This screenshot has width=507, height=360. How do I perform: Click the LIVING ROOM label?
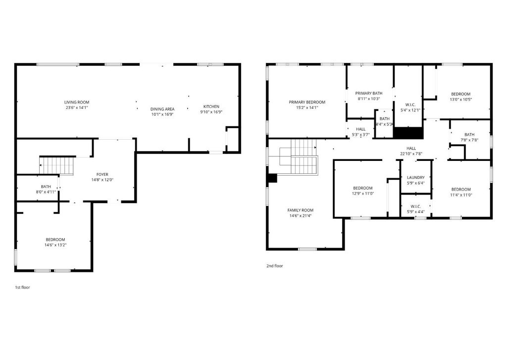click(77, 102)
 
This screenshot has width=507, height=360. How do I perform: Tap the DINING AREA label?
click(162, 109)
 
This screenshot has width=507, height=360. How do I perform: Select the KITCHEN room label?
click(211, 106)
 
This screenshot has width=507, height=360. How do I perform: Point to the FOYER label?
click(102, 174)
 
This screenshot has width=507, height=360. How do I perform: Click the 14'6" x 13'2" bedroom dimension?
click(55, 245)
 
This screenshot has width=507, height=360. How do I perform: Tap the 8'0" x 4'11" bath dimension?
click(46, 192)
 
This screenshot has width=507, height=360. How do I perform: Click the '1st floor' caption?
click(22, 287)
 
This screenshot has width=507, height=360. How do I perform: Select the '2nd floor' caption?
click(274, 266)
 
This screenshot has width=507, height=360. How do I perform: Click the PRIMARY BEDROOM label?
click(307, 102)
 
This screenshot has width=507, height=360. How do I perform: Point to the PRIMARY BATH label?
click(368, 93)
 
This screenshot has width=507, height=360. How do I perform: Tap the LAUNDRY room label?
click(416, 177)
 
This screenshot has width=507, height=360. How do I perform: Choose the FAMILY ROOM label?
click(301, 210)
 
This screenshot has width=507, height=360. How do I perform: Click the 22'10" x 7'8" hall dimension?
click(411, 154)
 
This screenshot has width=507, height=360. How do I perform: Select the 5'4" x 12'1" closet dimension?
click(410, 110)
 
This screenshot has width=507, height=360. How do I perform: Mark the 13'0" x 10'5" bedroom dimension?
click(461, 100)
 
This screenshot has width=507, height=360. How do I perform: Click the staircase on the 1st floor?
click(56, 165)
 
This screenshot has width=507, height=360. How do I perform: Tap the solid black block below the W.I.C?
click(408, 133)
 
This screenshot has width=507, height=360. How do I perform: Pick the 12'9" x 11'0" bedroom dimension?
click(363, 194)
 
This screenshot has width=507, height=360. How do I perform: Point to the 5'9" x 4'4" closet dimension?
click(416, 212)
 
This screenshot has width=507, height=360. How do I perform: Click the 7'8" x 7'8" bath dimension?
click(469, 140)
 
